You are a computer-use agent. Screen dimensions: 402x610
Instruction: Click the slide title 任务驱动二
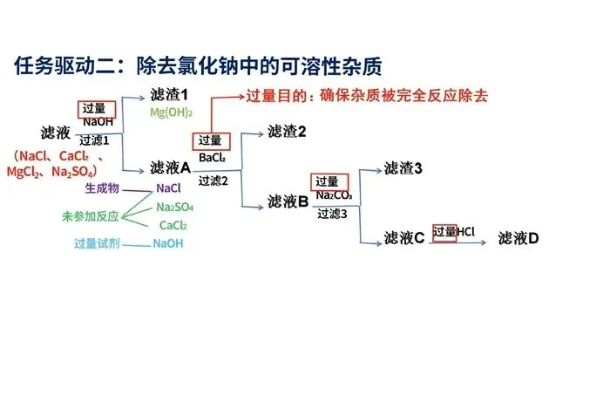click(200, 66)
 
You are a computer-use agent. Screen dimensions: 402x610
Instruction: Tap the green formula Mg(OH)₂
click(171, 113)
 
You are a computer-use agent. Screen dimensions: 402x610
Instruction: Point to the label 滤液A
click(170, 167)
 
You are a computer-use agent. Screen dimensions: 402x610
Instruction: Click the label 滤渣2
click(287, 132)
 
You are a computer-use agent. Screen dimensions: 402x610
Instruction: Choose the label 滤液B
click(288, 202)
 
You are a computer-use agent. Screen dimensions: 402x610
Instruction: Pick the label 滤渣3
click(403, 167)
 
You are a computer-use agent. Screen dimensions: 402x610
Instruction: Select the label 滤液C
click(403, 237)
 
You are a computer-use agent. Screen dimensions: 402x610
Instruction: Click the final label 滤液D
click(518, 237)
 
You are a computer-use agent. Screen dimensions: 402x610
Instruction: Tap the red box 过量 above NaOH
click(93, 109)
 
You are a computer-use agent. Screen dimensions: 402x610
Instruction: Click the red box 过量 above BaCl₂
click(210, 140)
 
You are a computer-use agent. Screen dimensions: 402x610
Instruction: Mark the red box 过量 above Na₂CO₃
click(327, 181)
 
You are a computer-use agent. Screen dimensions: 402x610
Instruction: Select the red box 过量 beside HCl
click(444, 233)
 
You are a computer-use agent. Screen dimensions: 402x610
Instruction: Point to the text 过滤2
click(213, 181)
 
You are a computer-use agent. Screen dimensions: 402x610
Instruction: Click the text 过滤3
click(332, 213)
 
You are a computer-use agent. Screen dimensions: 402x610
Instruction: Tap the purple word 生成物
click(102, 187)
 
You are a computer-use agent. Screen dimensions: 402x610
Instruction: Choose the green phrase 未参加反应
click(90, 215)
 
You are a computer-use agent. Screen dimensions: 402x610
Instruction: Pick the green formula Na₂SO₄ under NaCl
click(175, 208)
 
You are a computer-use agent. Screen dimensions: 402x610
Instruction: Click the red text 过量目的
click(274, 97)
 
